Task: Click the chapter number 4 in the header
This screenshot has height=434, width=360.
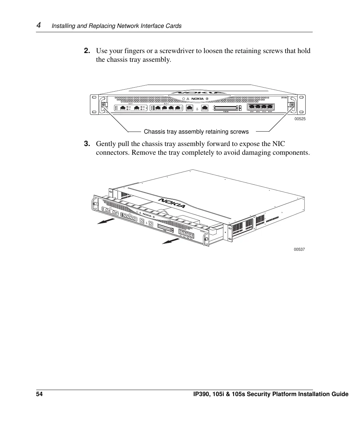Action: tap(39, 25)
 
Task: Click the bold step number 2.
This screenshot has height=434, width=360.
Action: tap(87, 51)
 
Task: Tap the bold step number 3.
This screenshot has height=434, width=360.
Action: tap(87, 144)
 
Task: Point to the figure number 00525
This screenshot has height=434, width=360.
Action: tap(300, 119)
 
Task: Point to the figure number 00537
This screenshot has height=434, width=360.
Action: tap(299, 249)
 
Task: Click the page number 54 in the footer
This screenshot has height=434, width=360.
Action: tap(40, 394)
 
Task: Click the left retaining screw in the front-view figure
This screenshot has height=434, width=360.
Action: tap(103, 105)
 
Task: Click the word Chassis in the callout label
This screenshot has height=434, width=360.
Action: tap(153, 132)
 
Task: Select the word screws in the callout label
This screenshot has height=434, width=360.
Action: tap(239, 132)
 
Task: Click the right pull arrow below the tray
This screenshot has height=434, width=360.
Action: tap(171, 241)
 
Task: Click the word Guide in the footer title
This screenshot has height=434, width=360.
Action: tap(340, 394)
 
